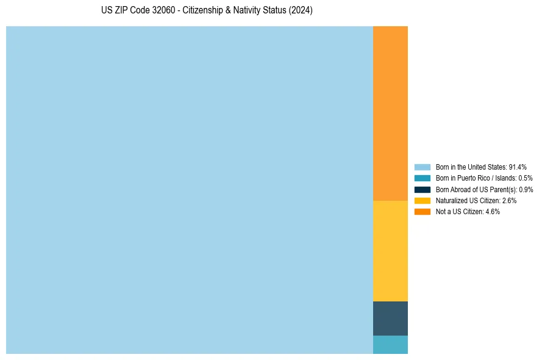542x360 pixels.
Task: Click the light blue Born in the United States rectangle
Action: coord(189,190)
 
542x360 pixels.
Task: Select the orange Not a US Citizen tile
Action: coord(390,113)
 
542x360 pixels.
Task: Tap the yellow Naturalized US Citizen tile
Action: coord(390,251)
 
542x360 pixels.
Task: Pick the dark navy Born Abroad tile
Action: coord(390,318)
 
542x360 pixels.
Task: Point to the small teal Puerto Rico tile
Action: coord(390,344)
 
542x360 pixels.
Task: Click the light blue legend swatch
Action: coord(423,167)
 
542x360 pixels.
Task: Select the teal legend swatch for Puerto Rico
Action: coord(423,178)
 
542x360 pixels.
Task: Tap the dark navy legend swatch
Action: coord(423,189)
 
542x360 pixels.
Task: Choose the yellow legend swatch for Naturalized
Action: coord(423,200)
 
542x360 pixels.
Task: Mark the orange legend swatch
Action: coord(423,211)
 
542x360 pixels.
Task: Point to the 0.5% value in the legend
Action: coord(525,178)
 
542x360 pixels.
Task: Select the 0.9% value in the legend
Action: coord(526,189)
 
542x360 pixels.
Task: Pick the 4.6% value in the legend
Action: coord(493,211)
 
